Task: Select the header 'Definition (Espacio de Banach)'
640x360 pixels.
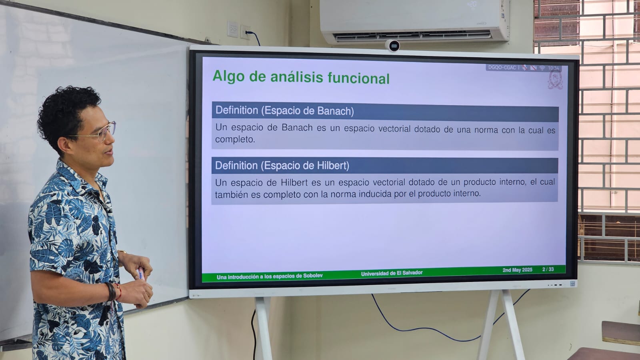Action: point(284,110)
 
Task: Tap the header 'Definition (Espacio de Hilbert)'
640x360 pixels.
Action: point(282,166)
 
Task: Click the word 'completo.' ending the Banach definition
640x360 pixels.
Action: point(235,140)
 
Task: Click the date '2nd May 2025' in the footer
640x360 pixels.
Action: point(518,270)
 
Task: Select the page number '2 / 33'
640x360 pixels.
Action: point(548,269)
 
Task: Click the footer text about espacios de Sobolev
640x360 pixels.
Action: point(270,276)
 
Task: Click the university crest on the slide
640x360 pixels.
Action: point(556,80)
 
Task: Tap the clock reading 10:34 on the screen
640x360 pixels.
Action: point(554,68)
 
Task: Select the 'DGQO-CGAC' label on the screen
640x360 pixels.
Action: point(502,68)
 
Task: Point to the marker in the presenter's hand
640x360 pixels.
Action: point(141,274)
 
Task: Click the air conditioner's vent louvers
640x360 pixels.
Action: point(413,36)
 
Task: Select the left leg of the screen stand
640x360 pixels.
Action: point(263,328)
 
